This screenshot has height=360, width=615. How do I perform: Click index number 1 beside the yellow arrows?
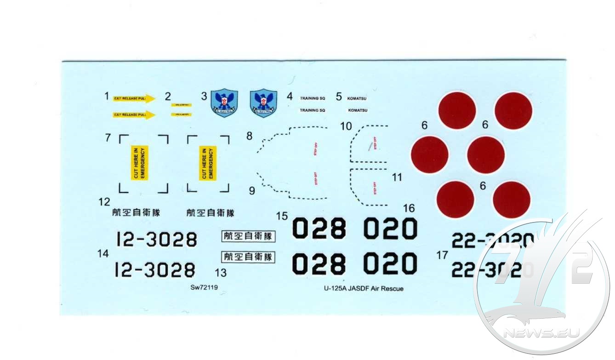[106, 97]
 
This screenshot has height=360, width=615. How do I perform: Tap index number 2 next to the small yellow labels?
[168, 97]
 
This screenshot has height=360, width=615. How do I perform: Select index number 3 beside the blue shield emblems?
[204, 97]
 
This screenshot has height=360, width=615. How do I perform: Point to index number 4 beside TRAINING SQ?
[289, 97]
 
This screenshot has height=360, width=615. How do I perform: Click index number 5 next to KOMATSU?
[339, 97]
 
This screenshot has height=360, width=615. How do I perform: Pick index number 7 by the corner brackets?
[108, 137]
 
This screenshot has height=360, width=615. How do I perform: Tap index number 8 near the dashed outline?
[249, 136]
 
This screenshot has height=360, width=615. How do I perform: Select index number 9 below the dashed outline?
[251, 191]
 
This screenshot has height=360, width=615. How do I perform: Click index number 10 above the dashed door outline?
[346, 126]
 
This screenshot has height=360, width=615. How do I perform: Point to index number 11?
[397, 177]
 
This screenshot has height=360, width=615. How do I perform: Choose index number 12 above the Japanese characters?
[104, 201]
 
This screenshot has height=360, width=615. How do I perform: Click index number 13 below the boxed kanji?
[221, 273]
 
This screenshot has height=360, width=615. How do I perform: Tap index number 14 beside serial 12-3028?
[103, 253]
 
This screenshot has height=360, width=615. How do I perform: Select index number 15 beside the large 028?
[282, 216]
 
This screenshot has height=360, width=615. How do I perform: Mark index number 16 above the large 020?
[408, 208]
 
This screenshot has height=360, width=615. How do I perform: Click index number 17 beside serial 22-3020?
[442, 256]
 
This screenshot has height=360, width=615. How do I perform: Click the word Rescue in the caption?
[392, 289]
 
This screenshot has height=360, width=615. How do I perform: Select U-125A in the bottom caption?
[335, 289]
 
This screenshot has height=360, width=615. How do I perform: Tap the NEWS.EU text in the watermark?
[541, 332]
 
